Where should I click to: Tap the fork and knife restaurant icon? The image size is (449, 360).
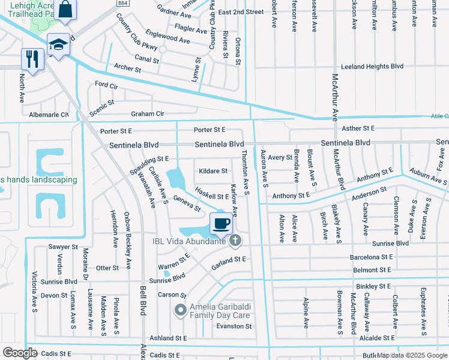(x=32, y=58)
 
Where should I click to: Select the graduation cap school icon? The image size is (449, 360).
(x=59, y=45)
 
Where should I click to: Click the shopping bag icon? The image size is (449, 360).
(x=67, y=10)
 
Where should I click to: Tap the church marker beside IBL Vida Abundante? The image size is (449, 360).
(x=235, y=241)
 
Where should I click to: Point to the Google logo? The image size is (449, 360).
(x=20, y=352)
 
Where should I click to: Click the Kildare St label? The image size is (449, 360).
(x=213, y=171)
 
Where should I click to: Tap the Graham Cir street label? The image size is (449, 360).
(x=148, y=114)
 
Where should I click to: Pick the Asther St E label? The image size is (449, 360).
(x=357, y=128)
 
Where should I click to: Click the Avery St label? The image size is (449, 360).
(x=280, y=158)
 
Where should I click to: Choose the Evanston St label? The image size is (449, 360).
(x=234, y=326)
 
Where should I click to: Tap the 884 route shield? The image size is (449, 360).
(x=122, y=4)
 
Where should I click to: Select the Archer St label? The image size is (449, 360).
(x=127, y=70)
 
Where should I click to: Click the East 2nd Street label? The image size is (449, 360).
(x=241, y=12)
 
